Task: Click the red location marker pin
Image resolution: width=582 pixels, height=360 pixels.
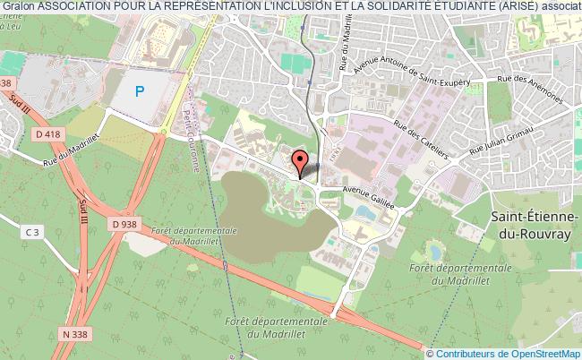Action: point(301,161)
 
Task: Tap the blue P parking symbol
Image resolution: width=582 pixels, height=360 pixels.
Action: point(139,90)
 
